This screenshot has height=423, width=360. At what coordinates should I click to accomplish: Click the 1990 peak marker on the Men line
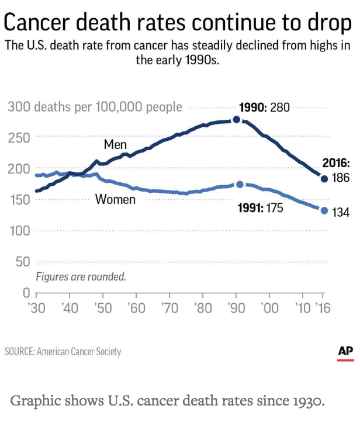pos(236,120)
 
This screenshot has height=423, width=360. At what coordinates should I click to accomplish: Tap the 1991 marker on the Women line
pos(240,185)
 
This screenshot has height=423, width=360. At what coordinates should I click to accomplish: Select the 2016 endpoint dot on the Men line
pos(324,179)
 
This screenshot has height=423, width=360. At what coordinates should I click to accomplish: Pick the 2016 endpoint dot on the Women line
pos(324,210)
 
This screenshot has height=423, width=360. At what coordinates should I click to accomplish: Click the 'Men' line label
pos(115,144)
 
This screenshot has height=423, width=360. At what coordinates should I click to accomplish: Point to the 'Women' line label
pos(115,200)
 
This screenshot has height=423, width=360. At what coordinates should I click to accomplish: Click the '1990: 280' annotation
pos(265,108)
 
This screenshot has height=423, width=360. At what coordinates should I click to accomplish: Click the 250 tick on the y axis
pos(19,138)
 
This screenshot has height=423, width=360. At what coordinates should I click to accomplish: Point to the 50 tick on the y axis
pos(22,262)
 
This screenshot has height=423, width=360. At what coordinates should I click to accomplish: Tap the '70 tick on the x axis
pos(169,307)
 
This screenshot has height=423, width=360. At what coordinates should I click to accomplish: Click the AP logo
pos(345,352)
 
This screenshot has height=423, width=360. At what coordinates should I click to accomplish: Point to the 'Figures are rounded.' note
pos(81,276)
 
